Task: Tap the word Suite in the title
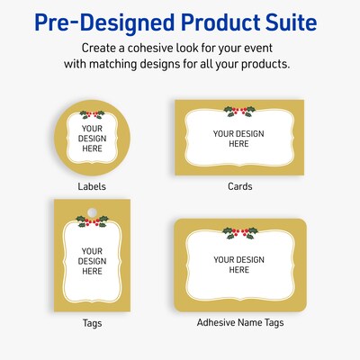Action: point(285,21)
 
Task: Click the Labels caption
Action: point(92,186)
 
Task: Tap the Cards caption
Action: point(239,186)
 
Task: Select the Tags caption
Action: point(92,321)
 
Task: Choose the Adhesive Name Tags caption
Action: point(239,321)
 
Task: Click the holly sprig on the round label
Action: point(92,114)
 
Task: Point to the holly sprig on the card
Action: point(239,111)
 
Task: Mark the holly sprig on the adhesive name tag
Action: point(239,233)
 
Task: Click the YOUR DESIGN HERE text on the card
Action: point(239,139)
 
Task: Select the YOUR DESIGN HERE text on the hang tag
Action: point(92,261)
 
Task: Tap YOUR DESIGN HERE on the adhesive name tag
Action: point(239,265)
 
